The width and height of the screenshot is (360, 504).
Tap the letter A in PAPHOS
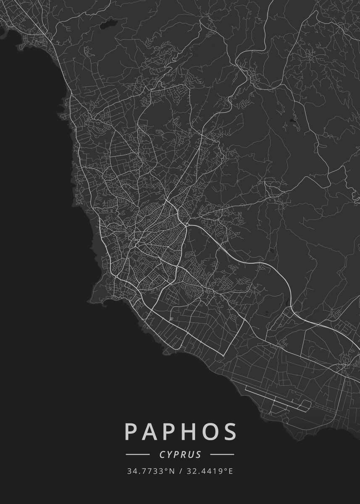(150, 432)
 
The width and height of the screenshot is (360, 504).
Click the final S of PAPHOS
(229, 432)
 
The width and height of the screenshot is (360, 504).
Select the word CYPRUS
(180, 454)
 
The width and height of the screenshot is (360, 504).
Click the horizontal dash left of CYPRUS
(138, 454)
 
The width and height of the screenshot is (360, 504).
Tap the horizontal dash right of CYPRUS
(222, 454)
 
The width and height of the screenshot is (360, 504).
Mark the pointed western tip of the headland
(89, 301)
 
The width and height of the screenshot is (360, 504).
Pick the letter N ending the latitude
(172, 471)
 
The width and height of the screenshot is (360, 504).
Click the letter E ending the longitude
(230, 471)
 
